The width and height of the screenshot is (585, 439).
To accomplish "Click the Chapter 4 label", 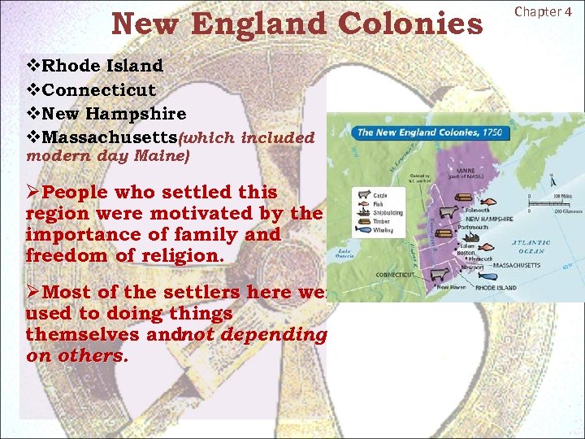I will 548,11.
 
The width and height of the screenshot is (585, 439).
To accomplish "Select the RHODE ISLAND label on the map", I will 496,288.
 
